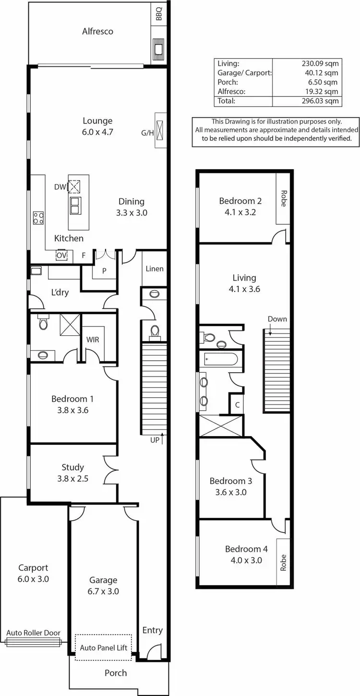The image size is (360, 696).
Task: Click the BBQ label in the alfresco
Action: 159,16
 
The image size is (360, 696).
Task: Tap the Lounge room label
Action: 97,121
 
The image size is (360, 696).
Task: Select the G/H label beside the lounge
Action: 147,133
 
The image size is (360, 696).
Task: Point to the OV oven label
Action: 61,256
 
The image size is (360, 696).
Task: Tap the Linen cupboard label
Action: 155,269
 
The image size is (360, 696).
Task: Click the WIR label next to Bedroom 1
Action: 93,340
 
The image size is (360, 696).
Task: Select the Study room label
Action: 73,467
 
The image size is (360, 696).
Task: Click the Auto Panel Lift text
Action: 104,647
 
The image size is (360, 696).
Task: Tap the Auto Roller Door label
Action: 34,633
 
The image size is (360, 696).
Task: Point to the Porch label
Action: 116,673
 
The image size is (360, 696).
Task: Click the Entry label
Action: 153,630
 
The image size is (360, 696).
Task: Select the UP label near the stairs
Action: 155,439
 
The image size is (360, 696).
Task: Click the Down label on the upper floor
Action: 277,319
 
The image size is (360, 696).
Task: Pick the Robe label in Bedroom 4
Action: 283,562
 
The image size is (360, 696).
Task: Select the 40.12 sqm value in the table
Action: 323,73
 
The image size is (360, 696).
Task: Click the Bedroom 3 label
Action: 231,481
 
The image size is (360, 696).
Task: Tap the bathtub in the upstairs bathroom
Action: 220,359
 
